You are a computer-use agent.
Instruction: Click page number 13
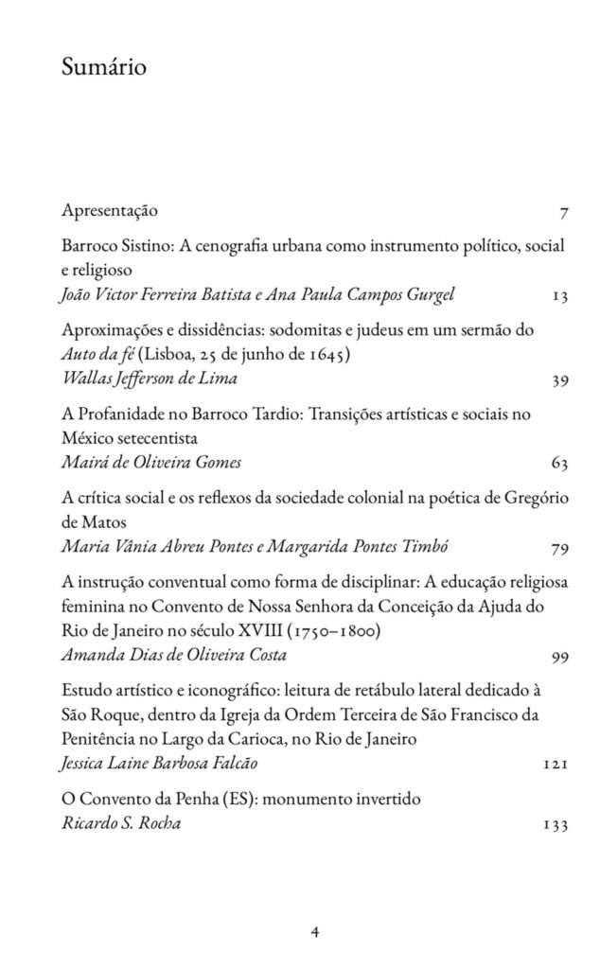pos(558,295)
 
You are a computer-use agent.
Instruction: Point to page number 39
pos(558,381)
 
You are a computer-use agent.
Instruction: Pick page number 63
pos(558,464)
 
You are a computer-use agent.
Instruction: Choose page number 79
pos(558,547)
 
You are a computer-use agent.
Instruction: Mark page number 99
pos(558,655)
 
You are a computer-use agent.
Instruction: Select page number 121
pos(556,762)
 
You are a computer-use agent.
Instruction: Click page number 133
pos(556,824)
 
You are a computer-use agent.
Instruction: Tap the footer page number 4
pos(315,931)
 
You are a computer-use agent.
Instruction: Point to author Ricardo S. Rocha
pos(120,824)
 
